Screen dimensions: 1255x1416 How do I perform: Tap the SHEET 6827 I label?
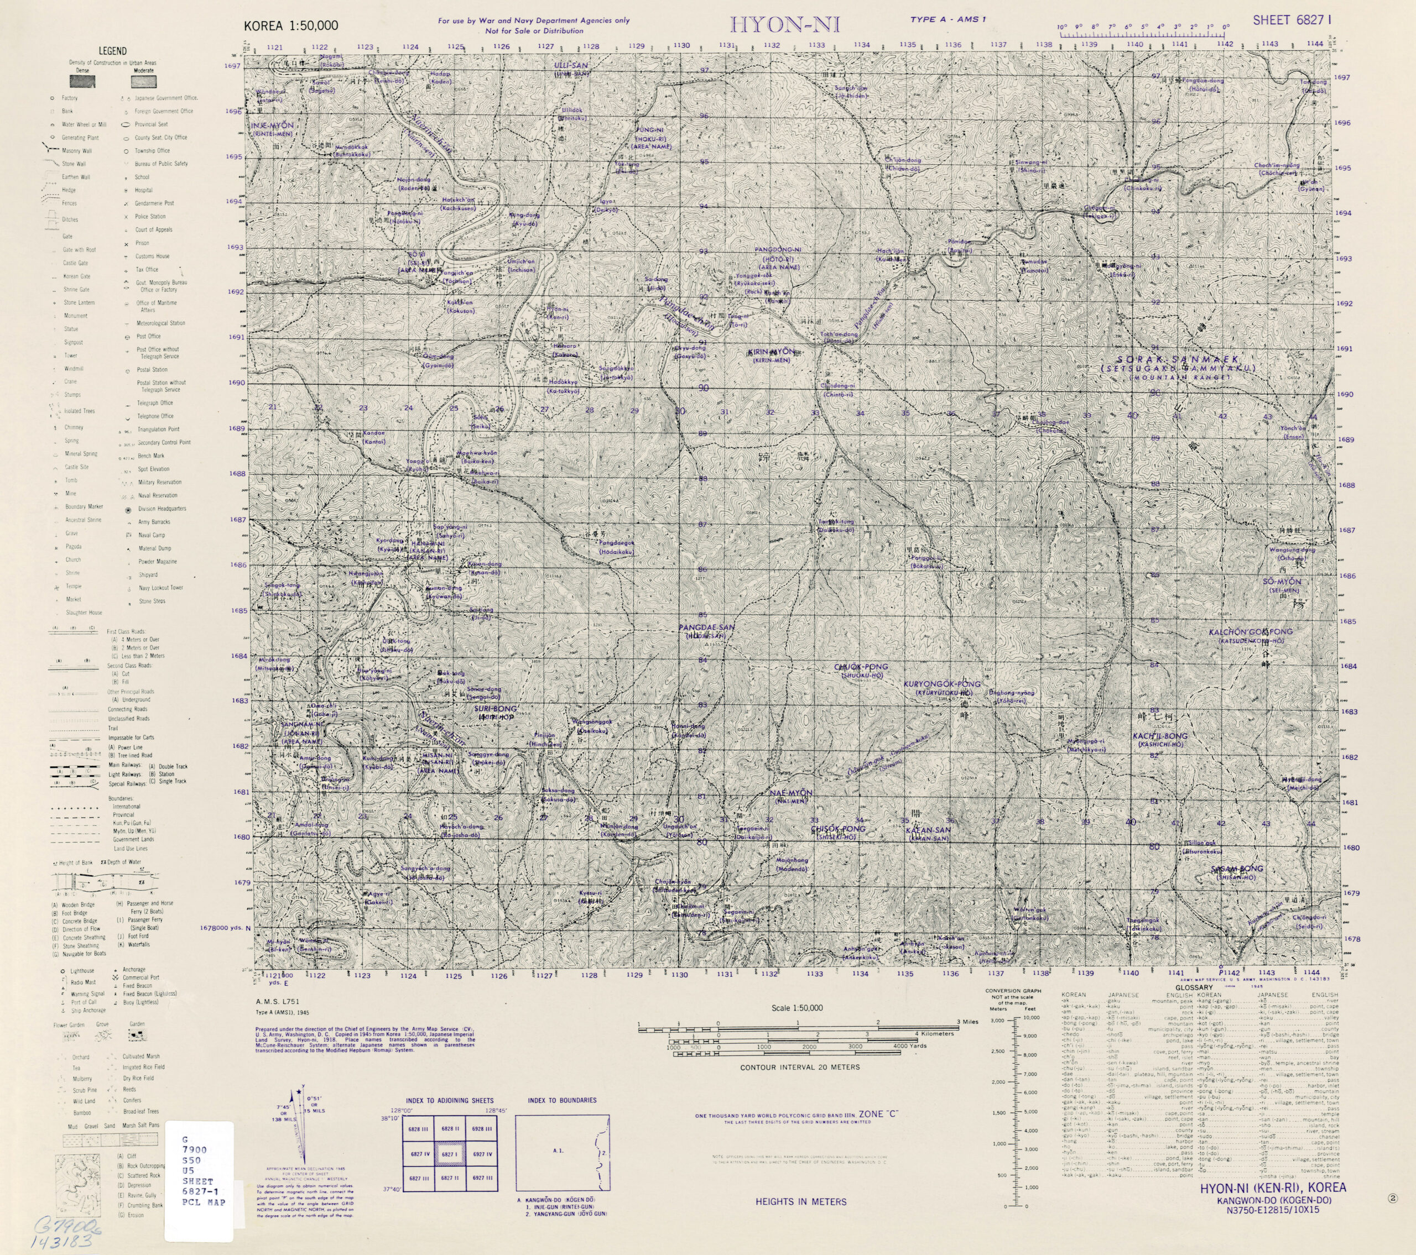1292,20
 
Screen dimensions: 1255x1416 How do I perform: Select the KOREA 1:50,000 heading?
291,27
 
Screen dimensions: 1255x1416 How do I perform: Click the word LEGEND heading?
112,50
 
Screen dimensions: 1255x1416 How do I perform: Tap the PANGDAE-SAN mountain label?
706,627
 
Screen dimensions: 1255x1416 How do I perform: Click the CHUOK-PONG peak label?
861,667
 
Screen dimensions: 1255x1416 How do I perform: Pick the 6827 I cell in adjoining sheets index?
450,1154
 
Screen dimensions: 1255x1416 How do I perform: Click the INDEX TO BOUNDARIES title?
562,1100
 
